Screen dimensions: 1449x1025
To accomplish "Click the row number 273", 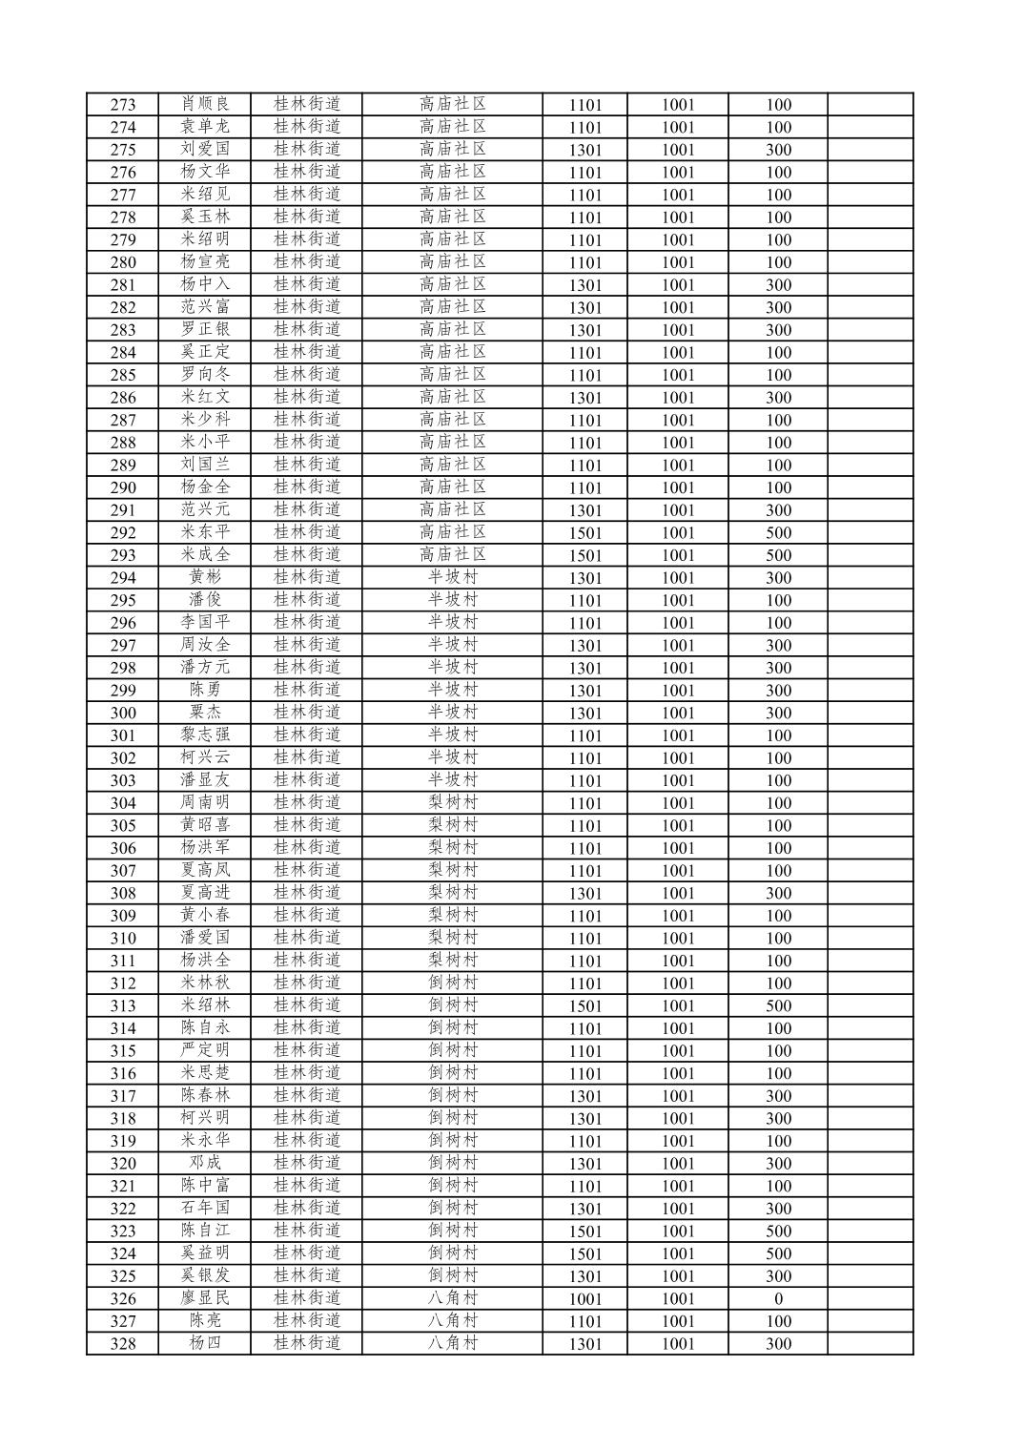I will [x=123, y=105].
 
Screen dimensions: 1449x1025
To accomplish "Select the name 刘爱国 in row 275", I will [x=205, y=150].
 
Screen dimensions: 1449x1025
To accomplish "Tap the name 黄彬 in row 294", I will [x=205, y=577].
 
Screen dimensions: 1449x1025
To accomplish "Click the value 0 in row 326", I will [x=778, y=1298].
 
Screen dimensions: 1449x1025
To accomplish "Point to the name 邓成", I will [x=205, y=1163].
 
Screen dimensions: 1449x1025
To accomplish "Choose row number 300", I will [x=123, y=713].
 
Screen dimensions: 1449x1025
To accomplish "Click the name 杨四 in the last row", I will [x=205, y=1343].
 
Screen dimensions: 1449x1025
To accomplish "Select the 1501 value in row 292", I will [x=584, y=533].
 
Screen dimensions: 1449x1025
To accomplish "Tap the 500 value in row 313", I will [x=778, y=1005].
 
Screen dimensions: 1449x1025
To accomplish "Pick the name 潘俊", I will [x=205, y=600].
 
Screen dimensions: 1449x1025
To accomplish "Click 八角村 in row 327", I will [x=452, y=1321].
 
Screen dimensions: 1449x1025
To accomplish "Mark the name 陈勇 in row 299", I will [x=205, y=690].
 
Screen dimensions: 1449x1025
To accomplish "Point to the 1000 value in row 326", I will [x=584, y=1298].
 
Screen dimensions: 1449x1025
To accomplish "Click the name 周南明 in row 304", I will [x=205, y=802].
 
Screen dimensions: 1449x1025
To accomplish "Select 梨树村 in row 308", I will [x=452, y=893].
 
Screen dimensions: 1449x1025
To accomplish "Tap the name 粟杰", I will [x=205, y=713].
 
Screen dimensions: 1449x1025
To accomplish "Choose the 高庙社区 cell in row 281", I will [x=452, y=284].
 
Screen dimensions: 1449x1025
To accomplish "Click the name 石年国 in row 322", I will [x=205, y=1208].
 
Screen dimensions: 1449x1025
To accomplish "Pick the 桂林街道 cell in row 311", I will [x=306, y=961].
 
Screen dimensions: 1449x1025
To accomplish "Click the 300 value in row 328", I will [x=778, y=1343].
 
